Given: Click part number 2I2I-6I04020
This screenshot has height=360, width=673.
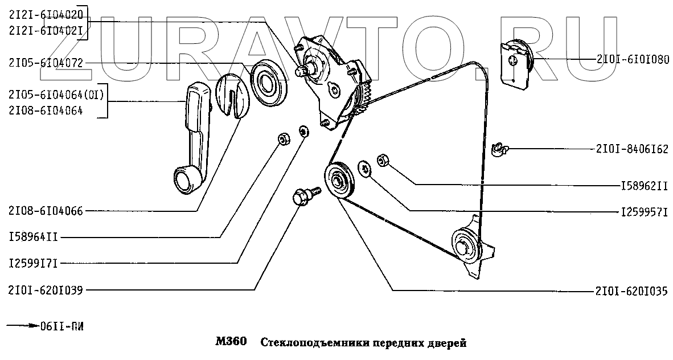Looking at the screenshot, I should (46, 15).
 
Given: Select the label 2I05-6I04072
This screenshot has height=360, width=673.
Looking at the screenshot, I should (46, 63).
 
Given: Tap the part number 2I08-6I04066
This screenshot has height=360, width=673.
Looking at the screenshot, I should (46, 211).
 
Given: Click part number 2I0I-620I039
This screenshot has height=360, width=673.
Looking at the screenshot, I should (46, 290).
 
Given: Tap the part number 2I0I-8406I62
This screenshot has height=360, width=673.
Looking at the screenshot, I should (633, 149).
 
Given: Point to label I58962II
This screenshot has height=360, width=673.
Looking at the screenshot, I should (644, 185).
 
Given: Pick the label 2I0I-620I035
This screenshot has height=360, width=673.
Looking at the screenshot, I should (633, 290).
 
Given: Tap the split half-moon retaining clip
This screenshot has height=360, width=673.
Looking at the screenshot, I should (233, 94).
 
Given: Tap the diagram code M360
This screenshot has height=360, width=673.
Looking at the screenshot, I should (231, 343).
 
